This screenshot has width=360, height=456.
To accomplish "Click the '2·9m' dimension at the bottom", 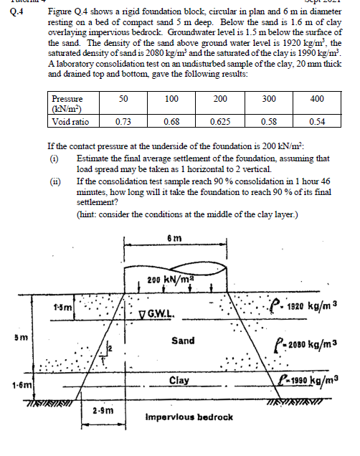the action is pos(100,410).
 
